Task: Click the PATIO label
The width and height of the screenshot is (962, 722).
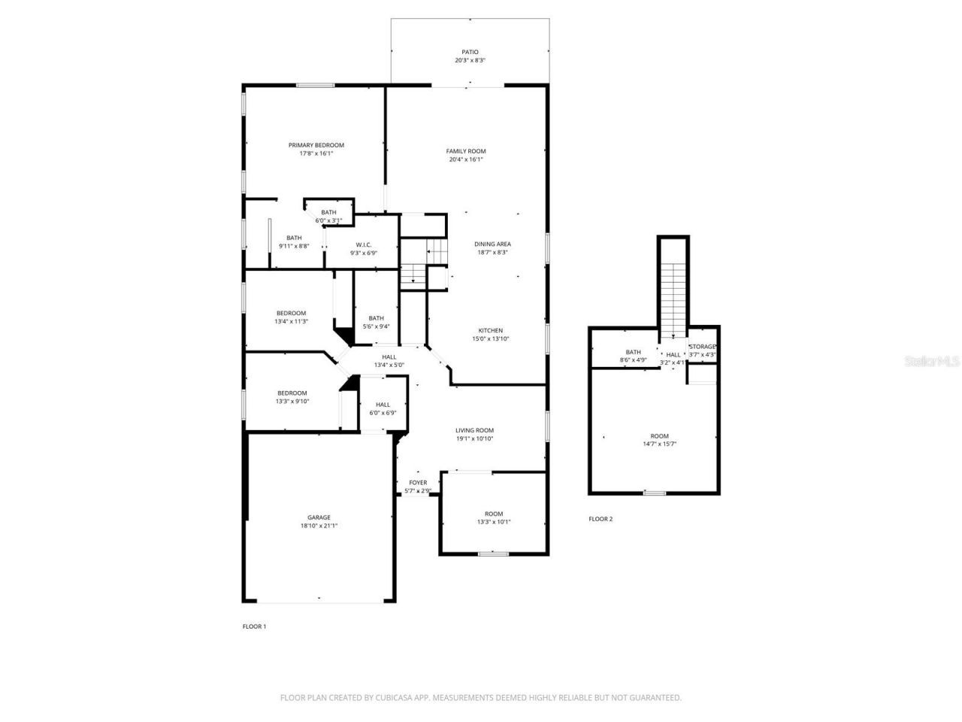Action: click(x=470, y=52)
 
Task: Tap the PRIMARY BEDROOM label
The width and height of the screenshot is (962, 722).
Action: click(x=316, y=145)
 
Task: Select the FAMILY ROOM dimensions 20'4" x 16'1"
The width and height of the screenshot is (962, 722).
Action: click(x=466, y=159)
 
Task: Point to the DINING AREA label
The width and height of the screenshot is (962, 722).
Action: click(x=492, y=244)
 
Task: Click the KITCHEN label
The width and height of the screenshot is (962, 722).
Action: click(x=491, y=330)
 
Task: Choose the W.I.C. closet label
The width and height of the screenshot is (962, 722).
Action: click(x=363, y=244)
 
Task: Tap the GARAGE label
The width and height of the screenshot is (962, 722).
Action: click(x=319, y=517)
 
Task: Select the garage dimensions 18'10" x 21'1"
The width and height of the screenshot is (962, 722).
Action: click(x=319, y=526)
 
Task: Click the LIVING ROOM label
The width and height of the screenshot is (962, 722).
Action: click(x=474, y=430)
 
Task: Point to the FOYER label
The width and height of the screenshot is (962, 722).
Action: click(x=418, y=483)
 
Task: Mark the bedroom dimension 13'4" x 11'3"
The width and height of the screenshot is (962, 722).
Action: click(x=291, y=322)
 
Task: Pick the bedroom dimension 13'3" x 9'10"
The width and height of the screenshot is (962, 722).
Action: click(x=292, y=402)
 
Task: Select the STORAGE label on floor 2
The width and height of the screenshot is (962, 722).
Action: click(x=703, y=347)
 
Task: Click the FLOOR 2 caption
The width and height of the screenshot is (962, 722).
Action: click(x=600, y=519)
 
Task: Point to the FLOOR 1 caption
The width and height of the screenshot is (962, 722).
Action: click(x=254, y=626)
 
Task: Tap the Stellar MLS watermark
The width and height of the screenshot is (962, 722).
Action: click(x=932, y=361)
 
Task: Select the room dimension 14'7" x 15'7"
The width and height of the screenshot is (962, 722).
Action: click(x=659, y=444)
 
